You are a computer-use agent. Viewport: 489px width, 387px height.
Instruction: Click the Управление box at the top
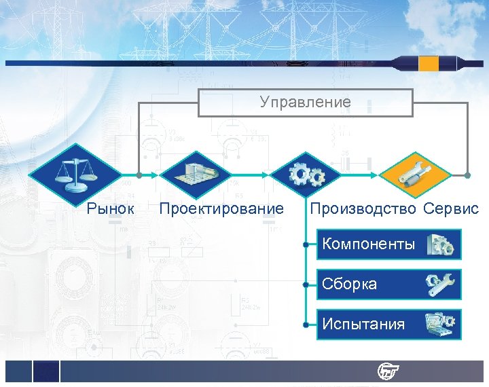coord(306,103)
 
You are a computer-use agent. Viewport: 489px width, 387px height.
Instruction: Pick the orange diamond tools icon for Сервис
coord(415,175)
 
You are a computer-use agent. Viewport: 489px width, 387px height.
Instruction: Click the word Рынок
coord(111,208)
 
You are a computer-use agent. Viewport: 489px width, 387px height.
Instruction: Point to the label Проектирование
coord(221,208)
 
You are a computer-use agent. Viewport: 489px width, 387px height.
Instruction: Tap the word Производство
coord(363,208)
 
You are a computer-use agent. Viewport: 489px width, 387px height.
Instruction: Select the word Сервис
coord(451,208)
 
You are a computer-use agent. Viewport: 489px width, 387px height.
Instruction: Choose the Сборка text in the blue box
coord(350,284)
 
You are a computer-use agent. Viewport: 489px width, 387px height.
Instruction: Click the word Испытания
coord(363,324)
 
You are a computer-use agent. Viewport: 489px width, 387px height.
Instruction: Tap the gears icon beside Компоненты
coord(441,245)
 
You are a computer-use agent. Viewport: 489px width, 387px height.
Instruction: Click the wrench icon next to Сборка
coord(441,284)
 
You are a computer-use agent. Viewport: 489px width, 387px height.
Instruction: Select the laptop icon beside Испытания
coord(441,325)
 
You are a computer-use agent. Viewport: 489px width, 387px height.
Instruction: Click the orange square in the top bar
coord(429,64)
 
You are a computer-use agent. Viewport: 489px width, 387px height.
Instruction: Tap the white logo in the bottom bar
coord(389,371)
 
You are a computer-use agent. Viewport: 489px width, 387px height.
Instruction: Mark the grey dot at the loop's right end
coord(468,175)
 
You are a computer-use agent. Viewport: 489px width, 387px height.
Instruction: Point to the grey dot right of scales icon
coord(139,175)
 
